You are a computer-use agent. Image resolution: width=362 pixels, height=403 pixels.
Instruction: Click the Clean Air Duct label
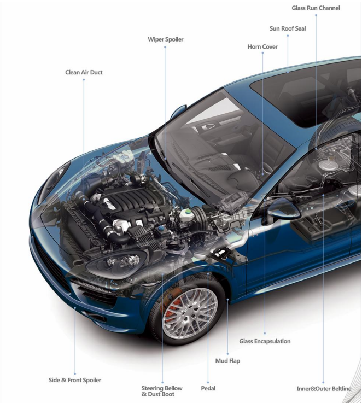(x=84, y=72)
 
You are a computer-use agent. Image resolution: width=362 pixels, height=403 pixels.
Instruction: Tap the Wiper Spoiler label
(x=165, y=39)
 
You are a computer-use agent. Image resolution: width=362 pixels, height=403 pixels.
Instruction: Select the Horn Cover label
(x=262, y=47)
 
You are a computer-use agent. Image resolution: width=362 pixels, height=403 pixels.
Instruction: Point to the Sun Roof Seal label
(x=288, y=28)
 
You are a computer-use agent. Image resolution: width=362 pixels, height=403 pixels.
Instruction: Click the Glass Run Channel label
(x=316, y=8)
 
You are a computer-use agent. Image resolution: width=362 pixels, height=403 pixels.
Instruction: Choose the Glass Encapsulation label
(x=265, y=341)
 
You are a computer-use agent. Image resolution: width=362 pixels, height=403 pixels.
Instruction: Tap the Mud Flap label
(x=227, y=361)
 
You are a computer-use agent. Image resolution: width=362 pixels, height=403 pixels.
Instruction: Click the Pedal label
(x=208, y=388)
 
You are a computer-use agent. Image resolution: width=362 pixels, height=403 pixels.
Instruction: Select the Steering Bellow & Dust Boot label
(x=162, y=391)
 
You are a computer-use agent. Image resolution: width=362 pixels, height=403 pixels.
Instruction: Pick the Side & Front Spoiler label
(x=75, y=380)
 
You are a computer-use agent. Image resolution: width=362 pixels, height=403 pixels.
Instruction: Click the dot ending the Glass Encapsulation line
(x=265, y=333)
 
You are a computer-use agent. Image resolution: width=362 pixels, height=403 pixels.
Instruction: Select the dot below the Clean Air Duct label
(x=84, y=80)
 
